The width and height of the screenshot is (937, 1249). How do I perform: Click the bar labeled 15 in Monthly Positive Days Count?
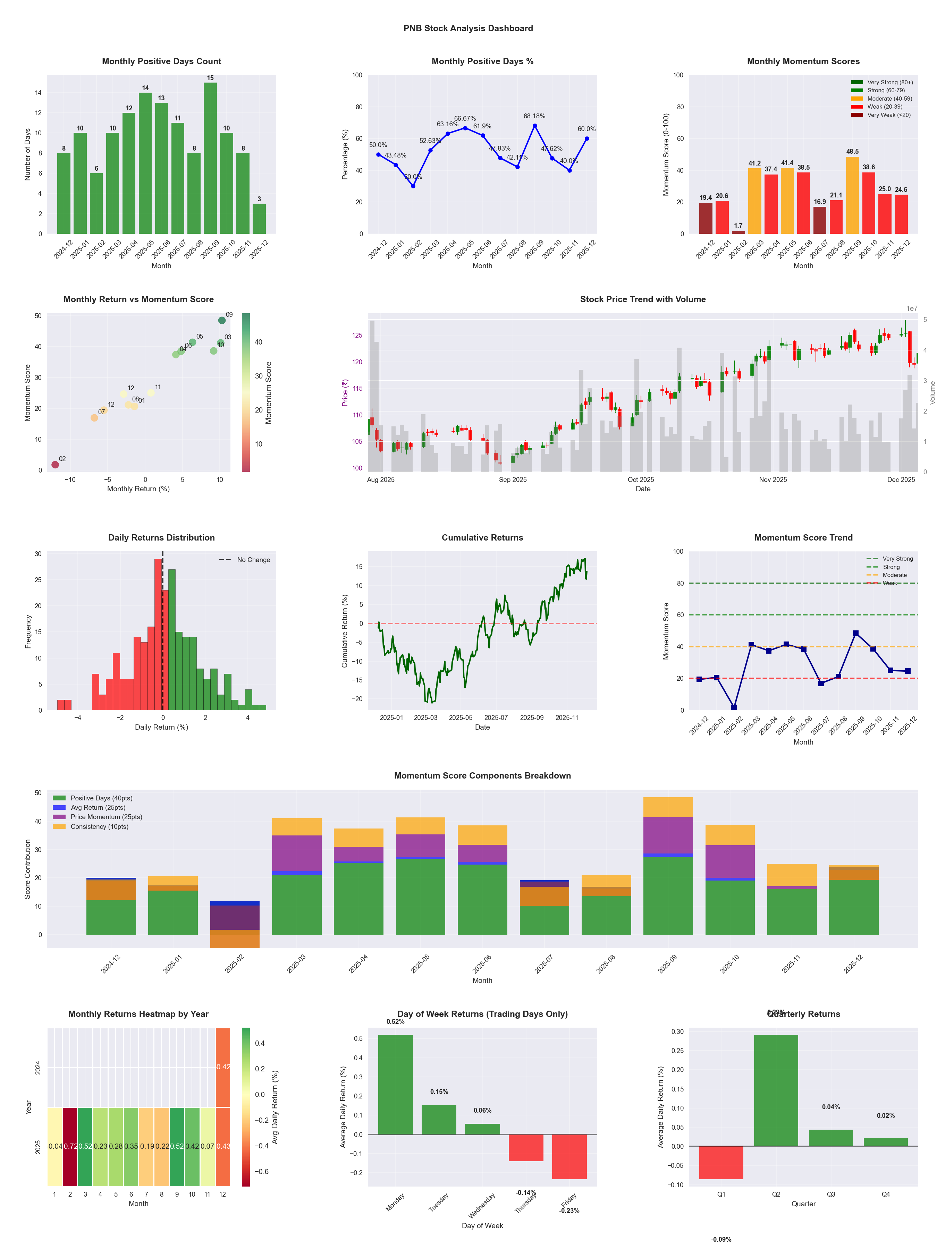[x=210, y=158]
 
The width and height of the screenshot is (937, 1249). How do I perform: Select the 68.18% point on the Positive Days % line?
[x=534, y=125]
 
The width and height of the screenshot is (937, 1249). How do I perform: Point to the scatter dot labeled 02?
[x=55, y=465]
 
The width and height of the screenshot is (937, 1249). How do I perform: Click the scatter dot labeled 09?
[x=222, y=320]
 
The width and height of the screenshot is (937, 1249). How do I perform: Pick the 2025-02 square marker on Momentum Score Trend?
[x=734, y=707]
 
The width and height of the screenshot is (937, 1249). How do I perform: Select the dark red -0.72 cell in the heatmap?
[x=70, y=1146]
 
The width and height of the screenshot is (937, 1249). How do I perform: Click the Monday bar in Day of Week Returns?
[x=395, y=1084]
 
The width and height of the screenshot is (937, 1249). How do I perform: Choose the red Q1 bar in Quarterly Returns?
[x=721, y=1162]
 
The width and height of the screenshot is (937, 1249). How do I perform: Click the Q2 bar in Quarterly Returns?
[x=776, y=1090]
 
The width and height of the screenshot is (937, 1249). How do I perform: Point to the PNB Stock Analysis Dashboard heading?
[x=468, y=28]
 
